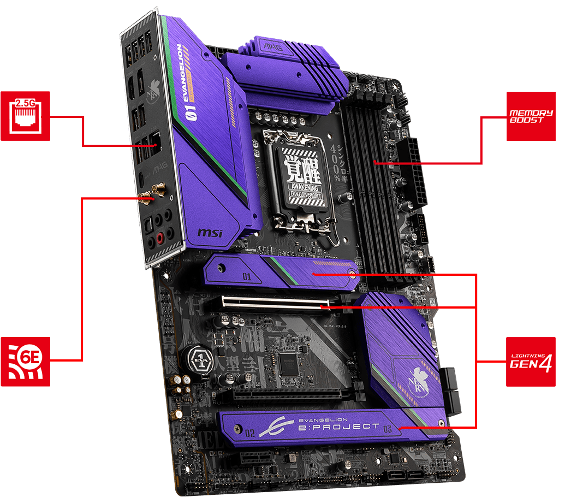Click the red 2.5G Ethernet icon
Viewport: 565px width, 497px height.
coord(25,116)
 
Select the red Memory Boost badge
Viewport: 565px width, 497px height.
coord(531,116)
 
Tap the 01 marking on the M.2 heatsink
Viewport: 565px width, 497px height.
coord(247,276)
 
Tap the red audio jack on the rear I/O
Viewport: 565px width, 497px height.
coord(160,238)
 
